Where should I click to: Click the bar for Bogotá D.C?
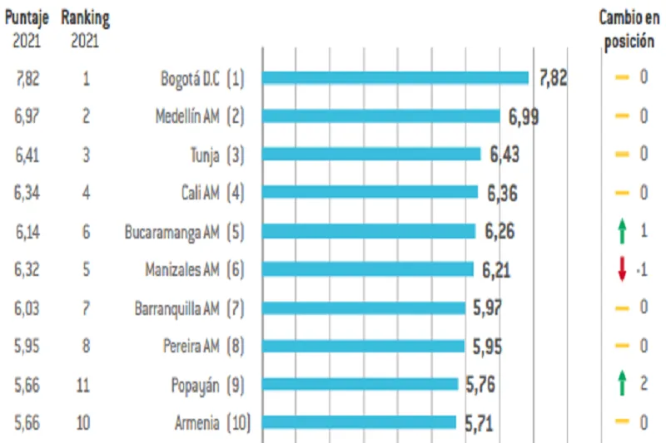point(395,77)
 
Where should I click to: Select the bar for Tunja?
point(371,154)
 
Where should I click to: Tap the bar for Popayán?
point(360,384)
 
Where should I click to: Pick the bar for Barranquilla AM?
point(364,308)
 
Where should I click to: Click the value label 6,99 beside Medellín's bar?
point(523,116)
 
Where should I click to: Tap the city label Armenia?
point(196,423)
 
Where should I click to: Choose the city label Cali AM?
point(200,193)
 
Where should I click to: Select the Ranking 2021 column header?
point(86,27)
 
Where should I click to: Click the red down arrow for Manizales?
point(621,270)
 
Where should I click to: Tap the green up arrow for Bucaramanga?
point(621,231)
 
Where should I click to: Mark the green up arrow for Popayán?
point(621,384)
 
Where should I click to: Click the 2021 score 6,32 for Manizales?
point(27,270)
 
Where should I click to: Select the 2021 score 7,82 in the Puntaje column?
point(27,79)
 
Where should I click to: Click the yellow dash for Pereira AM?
point(621,346)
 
